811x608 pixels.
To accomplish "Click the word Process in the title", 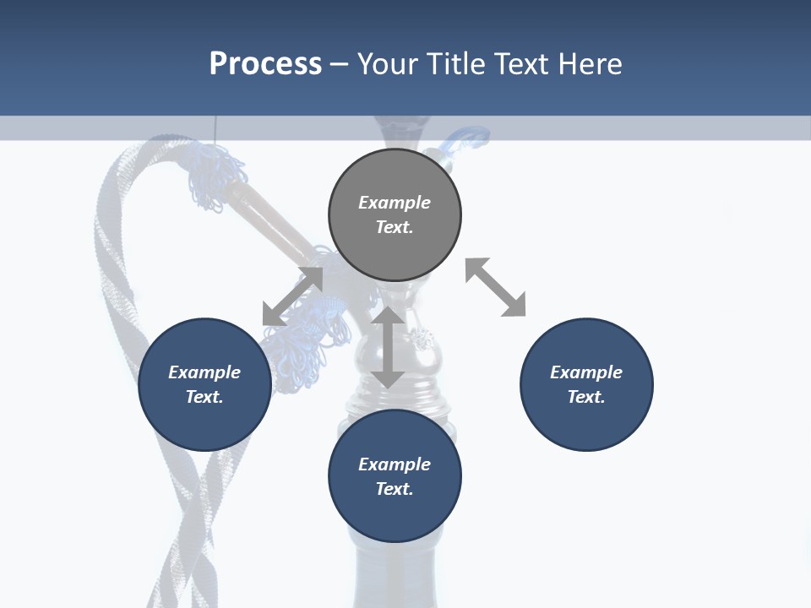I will click(x=265, y=64).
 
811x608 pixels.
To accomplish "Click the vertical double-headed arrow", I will click(x=388, y=347).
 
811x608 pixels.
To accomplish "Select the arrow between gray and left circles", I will click(x=292, y=296).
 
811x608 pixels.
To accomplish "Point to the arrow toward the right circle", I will click(x=495, y=287).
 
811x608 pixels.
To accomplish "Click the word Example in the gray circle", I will click(x=395, y=203).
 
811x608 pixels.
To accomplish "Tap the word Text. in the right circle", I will click(x=586, y=397).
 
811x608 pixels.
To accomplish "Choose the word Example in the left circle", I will click(x=204, y=372).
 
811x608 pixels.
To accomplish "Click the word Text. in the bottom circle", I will click(x=395, y=489).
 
